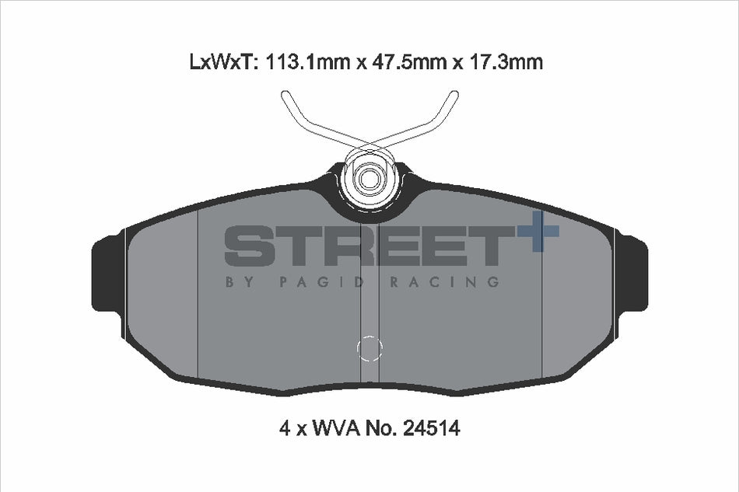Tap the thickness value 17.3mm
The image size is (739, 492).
[504, 61]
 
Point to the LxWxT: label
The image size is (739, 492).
[223, 61]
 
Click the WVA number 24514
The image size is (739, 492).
[430, 428]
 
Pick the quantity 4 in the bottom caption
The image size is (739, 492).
[284, 428]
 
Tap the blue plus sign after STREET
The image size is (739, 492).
[538, 231]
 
